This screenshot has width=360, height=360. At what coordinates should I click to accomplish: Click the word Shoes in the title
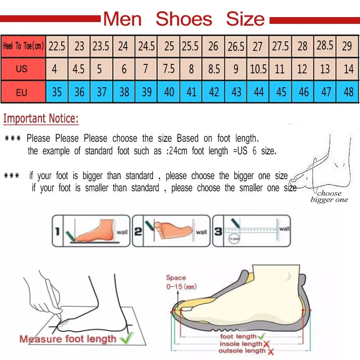184,19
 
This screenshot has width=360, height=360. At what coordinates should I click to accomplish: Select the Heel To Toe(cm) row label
23,46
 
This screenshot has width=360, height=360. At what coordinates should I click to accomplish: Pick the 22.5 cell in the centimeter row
57,46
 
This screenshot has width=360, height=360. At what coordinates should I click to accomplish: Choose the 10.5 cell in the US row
258,69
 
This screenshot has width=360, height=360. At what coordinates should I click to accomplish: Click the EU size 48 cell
348,93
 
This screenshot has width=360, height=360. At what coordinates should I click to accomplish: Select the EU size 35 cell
57,93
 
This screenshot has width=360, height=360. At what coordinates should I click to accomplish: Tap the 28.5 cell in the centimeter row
325,45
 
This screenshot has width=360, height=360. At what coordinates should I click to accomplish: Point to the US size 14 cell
348,69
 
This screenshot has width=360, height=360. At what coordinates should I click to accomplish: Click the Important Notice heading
41,119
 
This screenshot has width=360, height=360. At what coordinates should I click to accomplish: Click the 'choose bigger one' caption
329,197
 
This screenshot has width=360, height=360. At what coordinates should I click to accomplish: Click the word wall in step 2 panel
202,232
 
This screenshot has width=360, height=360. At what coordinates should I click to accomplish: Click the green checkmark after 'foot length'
261,336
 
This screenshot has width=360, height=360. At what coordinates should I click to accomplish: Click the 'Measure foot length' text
67,339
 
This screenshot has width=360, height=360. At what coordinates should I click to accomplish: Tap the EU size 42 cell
214,93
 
